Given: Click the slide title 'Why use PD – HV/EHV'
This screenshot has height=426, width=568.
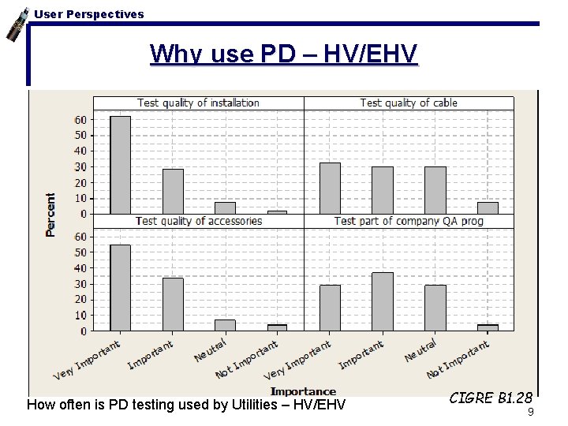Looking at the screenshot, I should (283, 54).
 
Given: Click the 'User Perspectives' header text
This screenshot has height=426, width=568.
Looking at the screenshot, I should (89, 13).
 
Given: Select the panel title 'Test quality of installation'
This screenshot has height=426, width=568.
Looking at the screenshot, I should (198, 103).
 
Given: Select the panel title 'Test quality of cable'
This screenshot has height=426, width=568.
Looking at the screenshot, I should (408, 103).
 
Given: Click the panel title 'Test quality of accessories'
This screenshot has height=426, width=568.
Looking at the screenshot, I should (198, 221).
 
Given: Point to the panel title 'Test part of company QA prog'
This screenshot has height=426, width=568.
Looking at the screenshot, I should (408, 221).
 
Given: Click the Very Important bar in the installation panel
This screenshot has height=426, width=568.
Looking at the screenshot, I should (120, 165).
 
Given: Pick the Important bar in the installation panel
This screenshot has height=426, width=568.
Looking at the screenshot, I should (173, 192).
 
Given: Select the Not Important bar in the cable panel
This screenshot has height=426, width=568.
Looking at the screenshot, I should (488, 208).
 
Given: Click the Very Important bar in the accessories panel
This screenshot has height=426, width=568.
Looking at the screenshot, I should (120, 288).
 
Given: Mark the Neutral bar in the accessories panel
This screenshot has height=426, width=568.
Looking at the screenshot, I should (225, 325).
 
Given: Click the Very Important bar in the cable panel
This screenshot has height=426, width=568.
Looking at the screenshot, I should (330, 189).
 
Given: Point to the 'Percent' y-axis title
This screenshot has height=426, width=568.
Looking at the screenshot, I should (50, 215).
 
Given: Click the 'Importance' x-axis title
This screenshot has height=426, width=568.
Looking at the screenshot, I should (303, 391).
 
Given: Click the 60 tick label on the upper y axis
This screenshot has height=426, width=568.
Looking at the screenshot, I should (80, 119).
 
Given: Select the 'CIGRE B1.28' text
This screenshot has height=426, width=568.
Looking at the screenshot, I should (491, 398).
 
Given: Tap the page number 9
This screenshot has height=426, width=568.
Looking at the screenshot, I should (530, 412).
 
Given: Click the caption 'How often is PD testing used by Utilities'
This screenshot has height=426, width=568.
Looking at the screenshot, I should (185, 405).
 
